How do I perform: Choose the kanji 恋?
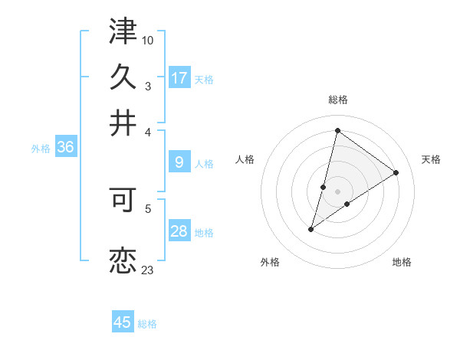pos(123,260)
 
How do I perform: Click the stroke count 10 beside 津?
pos(148,39)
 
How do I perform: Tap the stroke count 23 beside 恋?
pos(148,270)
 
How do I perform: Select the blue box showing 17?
pos(179,77)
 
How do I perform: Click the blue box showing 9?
pos(179,162)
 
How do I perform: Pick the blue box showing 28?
pos(179,231)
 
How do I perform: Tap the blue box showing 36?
pos(65,148)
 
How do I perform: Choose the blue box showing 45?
pos(123,322)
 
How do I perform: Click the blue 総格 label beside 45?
pos(147,324)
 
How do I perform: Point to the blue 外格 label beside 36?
pos(41,149)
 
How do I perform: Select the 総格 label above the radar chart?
pos(338,100)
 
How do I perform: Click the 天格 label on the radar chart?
pos(431,159)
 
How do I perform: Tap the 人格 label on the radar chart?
pos(245,159)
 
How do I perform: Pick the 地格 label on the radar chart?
pos(402,263)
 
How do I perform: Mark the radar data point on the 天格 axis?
pos(396,173)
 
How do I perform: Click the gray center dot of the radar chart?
pos(338,191)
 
